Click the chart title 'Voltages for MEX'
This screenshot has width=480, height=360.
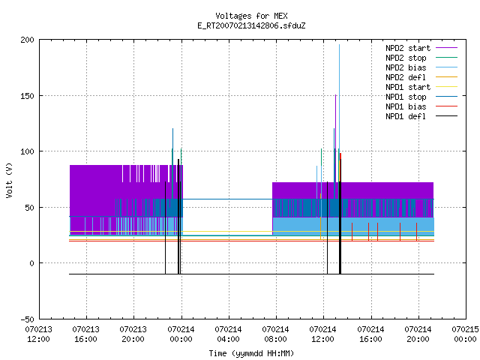[x=251, y=16]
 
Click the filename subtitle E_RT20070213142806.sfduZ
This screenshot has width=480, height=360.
[x=251, y=25]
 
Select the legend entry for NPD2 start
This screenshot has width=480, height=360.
[x=421, y=48]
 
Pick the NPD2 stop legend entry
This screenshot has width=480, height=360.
[x=421, y=58]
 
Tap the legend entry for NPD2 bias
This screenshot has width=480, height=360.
[x=421, y=67]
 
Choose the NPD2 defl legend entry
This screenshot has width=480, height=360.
[x=421, y=77]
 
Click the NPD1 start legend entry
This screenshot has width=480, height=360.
[x=421, y=87]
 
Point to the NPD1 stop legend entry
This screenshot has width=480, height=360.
[x=421, y=97]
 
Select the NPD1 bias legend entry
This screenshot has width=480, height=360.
[x=421, y=106]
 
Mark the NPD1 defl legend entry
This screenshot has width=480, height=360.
[x=421, y=117]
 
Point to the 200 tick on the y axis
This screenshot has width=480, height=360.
[x=27, y=40]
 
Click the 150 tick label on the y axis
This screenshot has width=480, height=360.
[x=27, y=96]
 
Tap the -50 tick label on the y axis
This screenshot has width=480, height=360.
[x=27, y=319]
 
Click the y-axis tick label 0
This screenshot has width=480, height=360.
[x=31, y=263]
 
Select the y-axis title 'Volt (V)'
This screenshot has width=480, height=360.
[x=10, y=181]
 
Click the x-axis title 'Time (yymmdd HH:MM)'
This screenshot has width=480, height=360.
[x=251, y=353]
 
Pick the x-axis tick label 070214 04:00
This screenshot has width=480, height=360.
[x=228, y=334]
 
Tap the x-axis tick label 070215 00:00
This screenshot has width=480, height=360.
[x=465, y=334]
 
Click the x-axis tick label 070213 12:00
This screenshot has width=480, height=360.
[x=38, y=334]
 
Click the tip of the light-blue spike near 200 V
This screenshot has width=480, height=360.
[x=339, y=45]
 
